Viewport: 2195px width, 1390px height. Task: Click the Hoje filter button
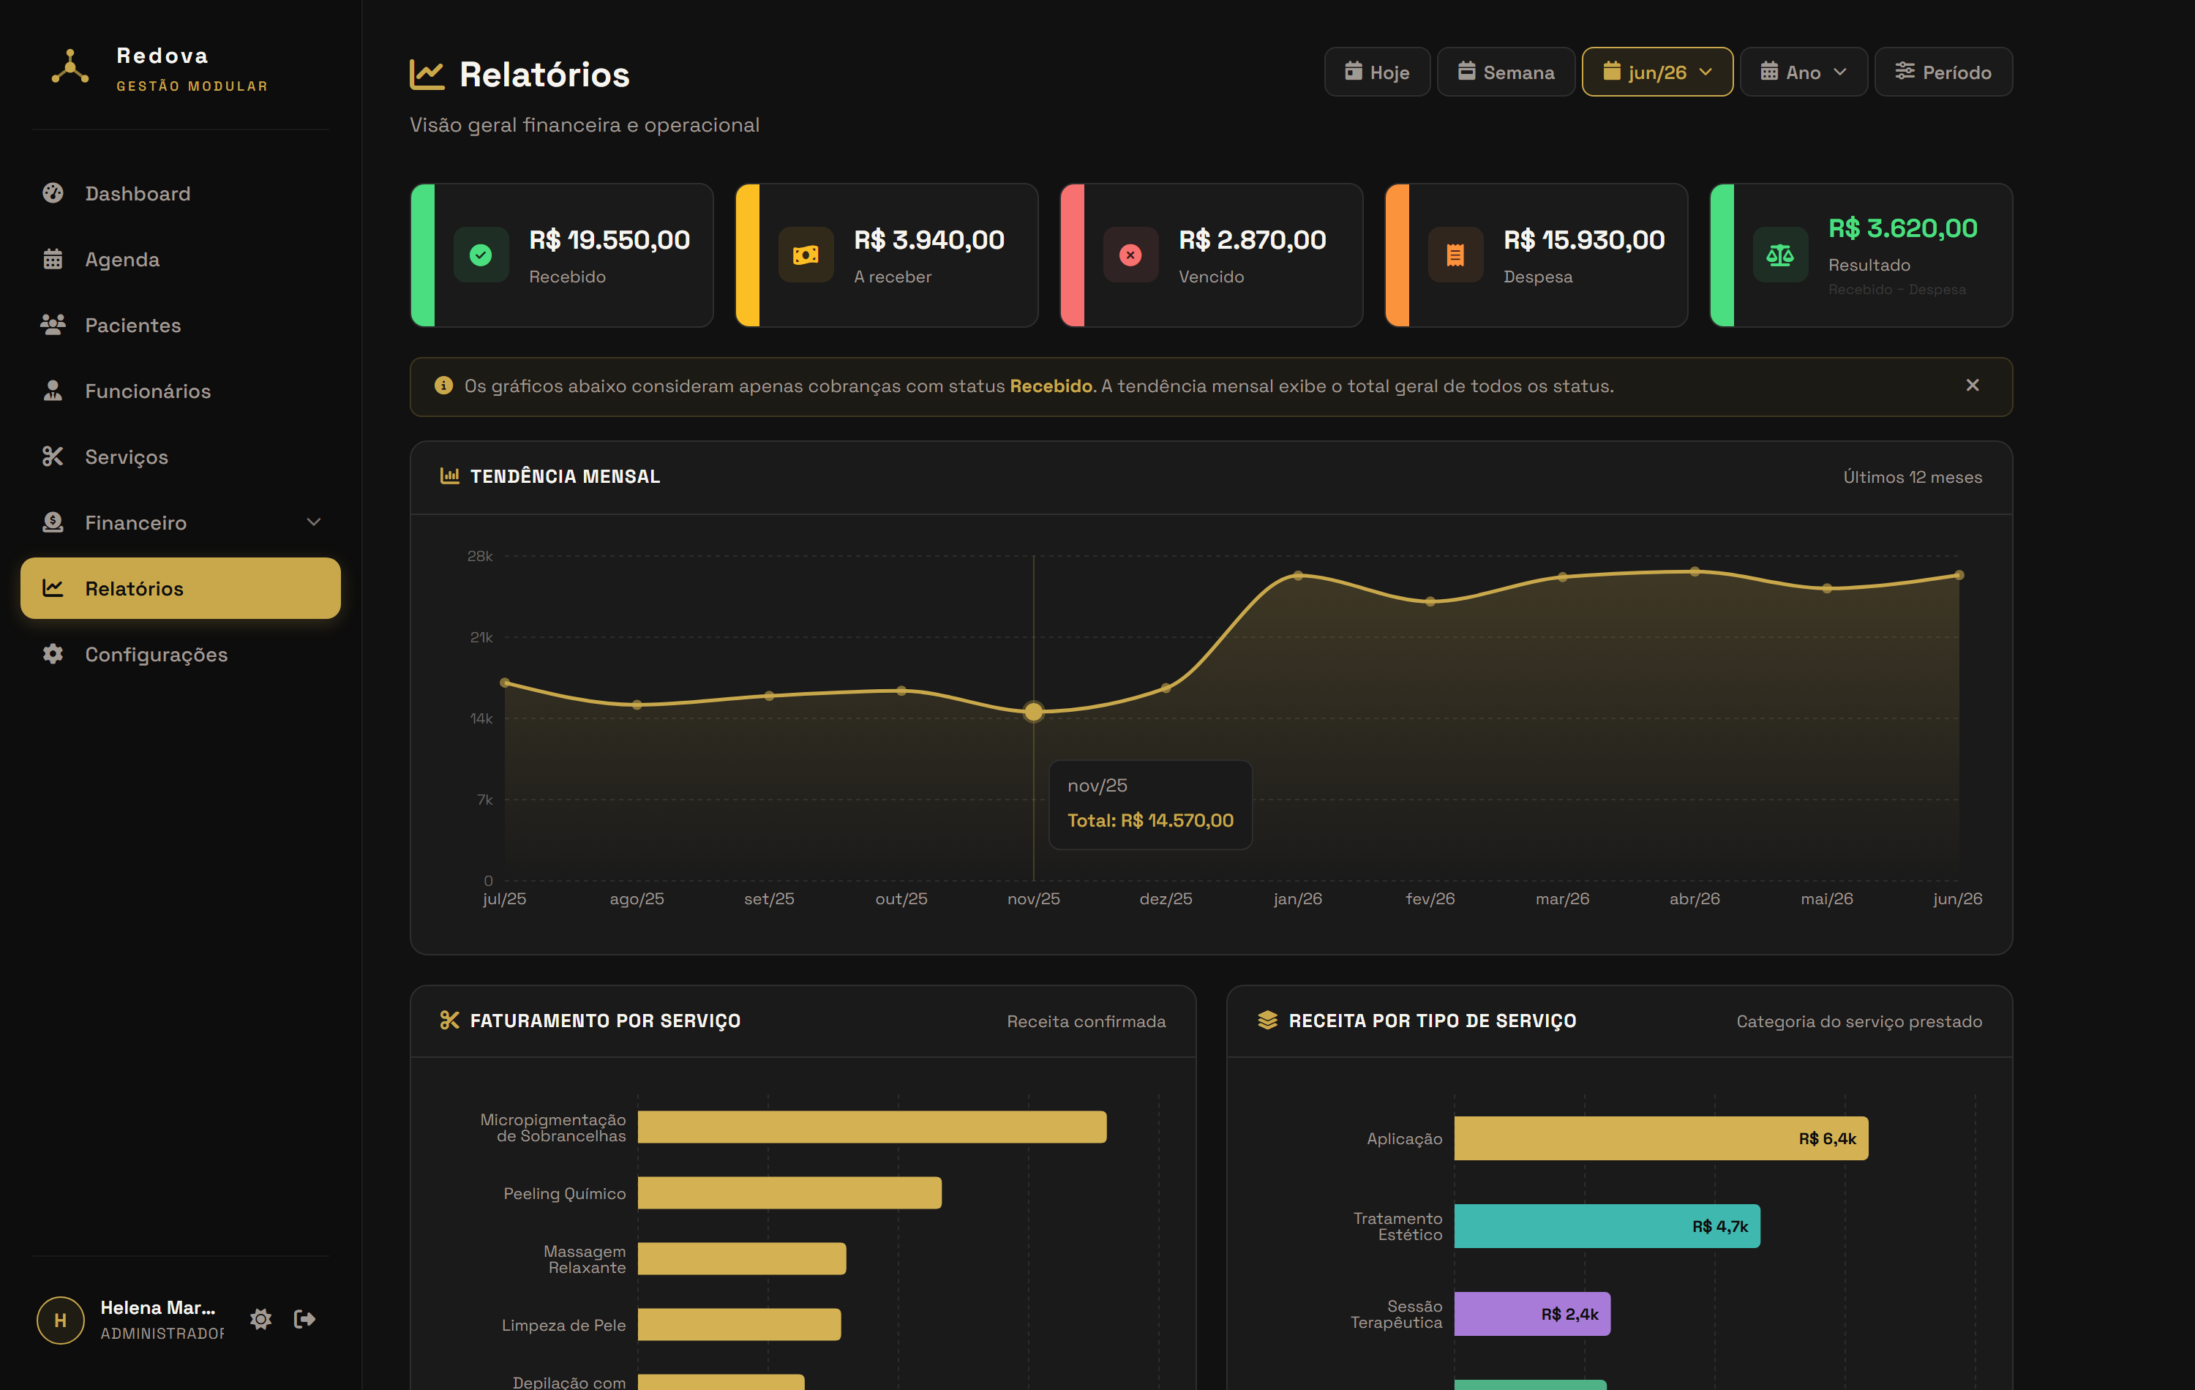pyautogui.click(x=1376, y=72)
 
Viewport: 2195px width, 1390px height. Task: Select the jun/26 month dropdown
pyautogui.click(x=1657, y=72)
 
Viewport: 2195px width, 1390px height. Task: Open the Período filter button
pyautogui.click(x=1943, y=72)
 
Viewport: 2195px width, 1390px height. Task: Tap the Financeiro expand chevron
pyautogui.click(x=314, y=522)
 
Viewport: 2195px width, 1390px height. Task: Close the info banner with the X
pyautogui.click(x=1972, y=386)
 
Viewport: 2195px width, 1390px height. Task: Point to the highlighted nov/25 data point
pyautogui.click(x=1033, y=712)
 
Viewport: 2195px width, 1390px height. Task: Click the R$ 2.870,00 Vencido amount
pyautogui.click(x=1252, y=240)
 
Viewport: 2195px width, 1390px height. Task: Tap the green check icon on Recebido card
pyautogui.click(x=481, y=255)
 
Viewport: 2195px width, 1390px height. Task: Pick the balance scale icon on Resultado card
pyautogui.click(x=1779, y=255)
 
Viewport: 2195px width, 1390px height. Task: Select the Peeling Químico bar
pyautogui.click(x=789, y=1192)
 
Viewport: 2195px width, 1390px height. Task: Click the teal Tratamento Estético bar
pyautogui.click(x=1607, y=1226)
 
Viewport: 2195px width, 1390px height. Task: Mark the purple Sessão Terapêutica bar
pyautogui.click(x=1532, y=1313)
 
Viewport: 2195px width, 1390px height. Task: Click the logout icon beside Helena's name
pyautogui.click(x=304, y=1319)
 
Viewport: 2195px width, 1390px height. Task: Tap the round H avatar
pyautogui.click(x=60, y=1320)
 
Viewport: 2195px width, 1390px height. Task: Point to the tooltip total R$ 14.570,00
pyautogui.click(x=1149, y=820)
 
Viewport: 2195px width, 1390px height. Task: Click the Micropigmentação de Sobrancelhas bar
pyautogui.click(x=871, y=1127)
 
